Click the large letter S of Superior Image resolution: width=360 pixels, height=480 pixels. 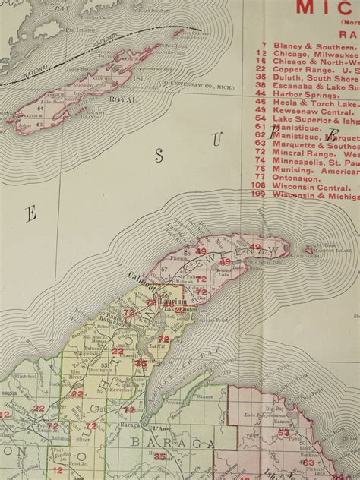tap(159, 156)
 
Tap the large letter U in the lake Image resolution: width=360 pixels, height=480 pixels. tap(237, 141)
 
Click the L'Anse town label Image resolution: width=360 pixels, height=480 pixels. tap(174, 430)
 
